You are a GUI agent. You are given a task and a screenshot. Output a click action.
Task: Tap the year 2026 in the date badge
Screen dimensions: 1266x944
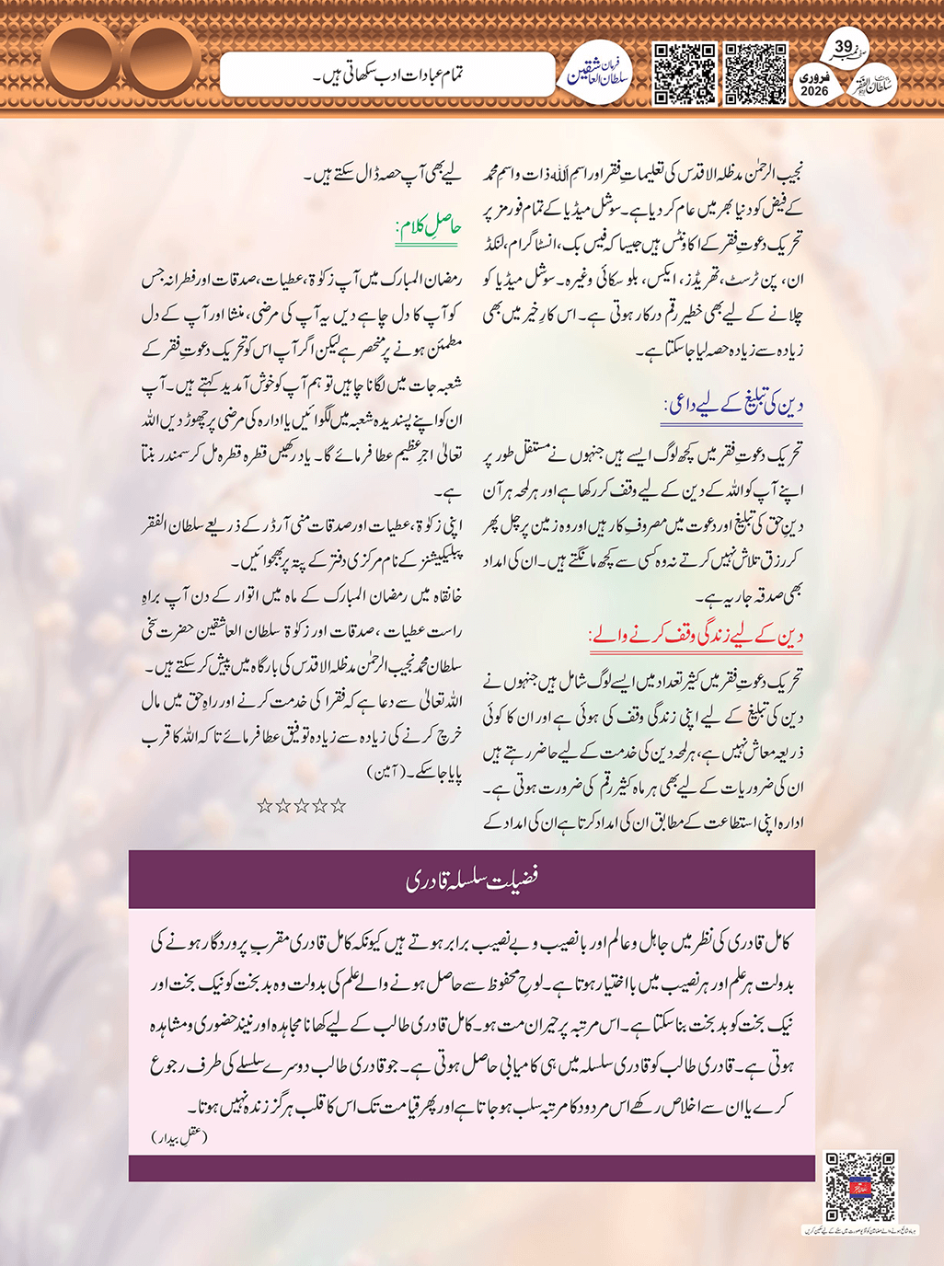point(814,91)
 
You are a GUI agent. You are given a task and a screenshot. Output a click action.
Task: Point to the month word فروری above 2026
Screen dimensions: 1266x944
point(815,77)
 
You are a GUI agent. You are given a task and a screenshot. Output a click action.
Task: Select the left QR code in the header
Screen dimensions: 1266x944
point(684,74)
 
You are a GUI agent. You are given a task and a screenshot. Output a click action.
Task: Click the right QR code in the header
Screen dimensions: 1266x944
point(755,74)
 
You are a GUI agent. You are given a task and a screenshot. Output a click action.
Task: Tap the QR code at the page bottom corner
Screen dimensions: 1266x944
point(859,1186)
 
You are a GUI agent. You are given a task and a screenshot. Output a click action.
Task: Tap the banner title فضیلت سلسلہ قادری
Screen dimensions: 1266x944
point(471,879)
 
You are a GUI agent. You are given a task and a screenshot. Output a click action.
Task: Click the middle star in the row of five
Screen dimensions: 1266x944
point(301,806)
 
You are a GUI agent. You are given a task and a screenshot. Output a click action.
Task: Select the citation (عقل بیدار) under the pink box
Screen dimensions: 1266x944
point(179,1137)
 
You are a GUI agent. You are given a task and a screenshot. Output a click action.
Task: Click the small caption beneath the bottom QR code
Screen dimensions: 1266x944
point(859,1229)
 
